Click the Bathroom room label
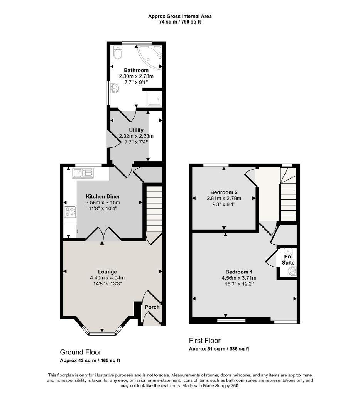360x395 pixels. click(136, 70)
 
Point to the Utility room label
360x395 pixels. click(136, 130)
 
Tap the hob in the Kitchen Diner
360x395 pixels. click(70, 211)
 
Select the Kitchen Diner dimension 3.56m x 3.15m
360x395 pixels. click(103, 203)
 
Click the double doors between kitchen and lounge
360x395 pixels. click(102, 234)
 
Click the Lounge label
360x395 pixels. click(107, 272)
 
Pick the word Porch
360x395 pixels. click(152, 307)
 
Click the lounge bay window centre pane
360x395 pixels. click(102, 333)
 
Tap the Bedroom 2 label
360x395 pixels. click(223, 192)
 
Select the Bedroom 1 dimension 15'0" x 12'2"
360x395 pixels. click(239, 284)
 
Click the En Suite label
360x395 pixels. click(288, 259)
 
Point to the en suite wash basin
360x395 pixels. click(292, 272)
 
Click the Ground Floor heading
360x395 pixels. click(80, 352)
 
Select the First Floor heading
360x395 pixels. click(205, 341)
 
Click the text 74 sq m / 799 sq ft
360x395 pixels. click(180, 22)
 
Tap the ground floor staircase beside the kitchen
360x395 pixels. click(154, 208)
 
